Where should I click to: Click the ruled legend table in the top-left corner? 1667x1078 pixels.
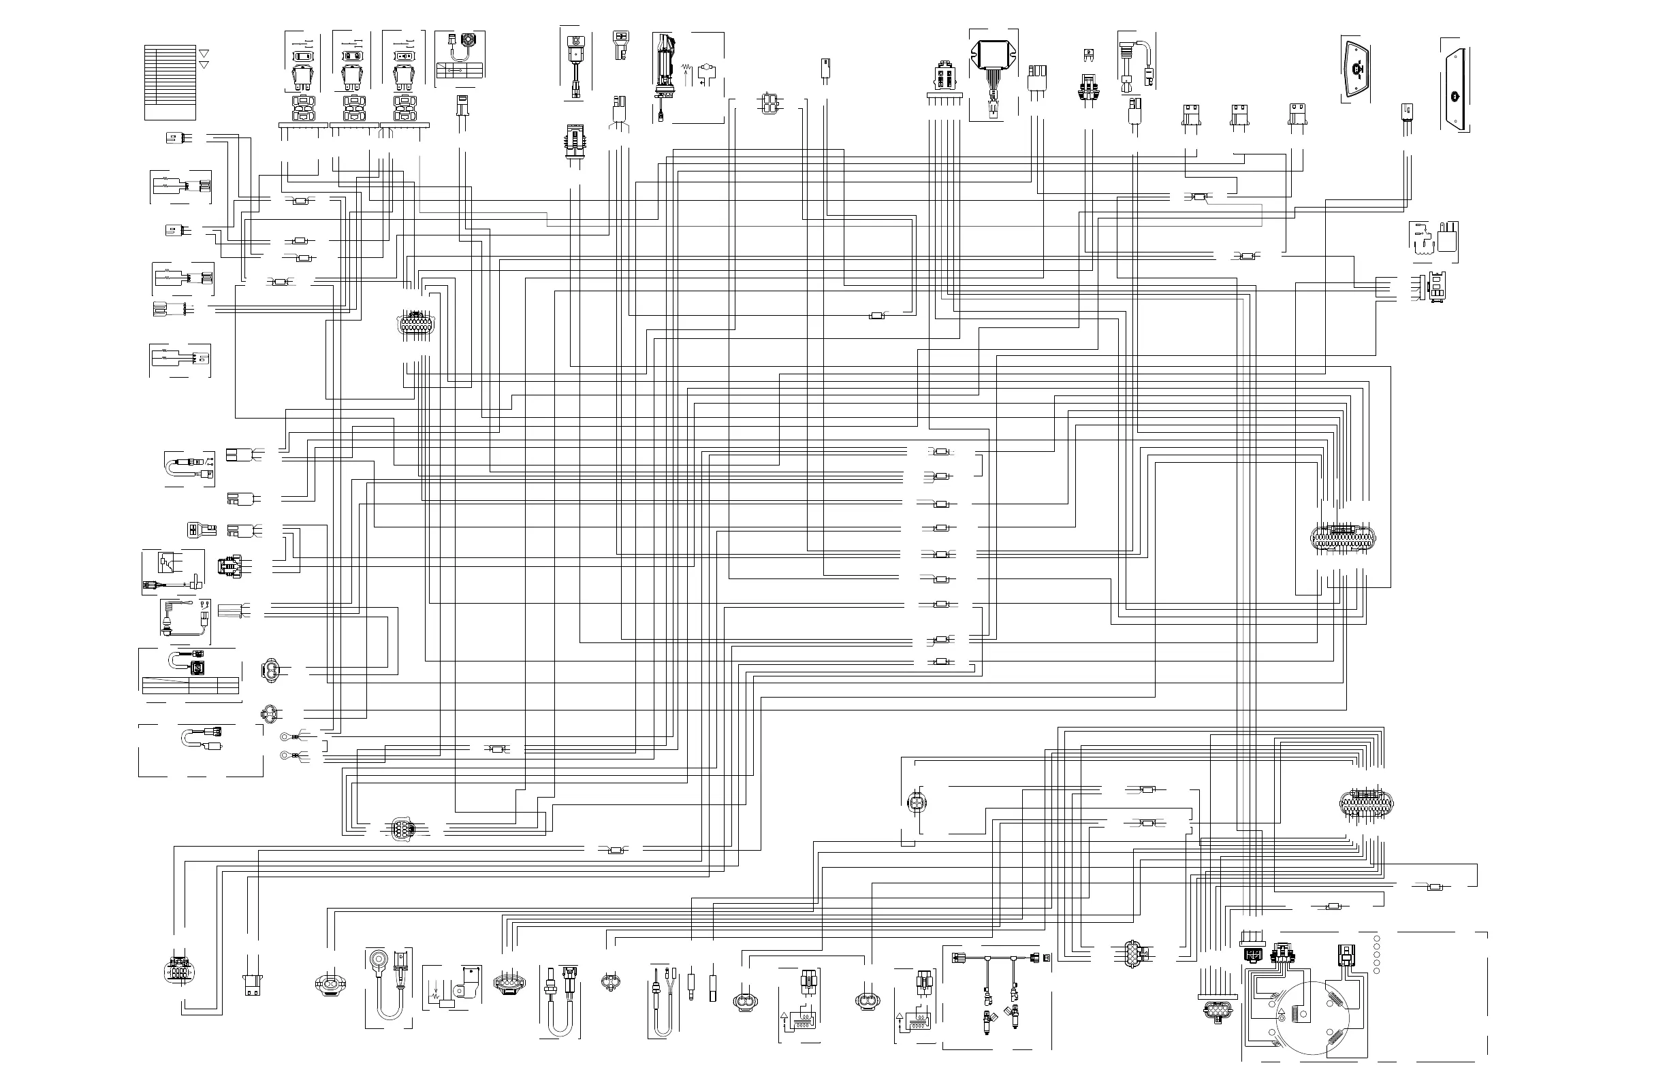click(170, 82)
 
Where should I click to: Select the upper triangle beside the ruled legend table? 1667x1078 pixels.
click(204, 53)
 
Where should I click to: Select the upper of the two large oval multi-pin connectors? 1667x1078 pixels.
click(1342, 538)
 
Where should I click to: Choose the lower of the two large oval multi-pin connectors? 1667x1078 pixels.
click(1366, 802)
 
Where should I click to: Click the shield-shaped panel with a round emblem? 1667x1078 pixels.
click(1356, 70)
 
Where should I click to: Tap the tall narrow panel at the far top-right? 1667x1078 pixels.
click(1455, 89)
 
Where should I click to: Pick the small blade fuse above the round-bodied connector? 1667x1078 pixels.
click(1087, 53)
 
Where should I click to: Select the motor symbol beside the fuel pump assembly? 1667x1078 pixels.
click(708, 70)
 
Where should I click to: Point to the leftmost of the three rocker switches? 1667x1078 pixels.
click(302, 77)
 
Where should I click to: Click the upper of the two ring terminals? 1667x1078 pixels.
click(285, 736)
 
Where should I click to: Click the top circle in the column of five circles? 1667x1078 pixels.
click(1376, 938)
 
